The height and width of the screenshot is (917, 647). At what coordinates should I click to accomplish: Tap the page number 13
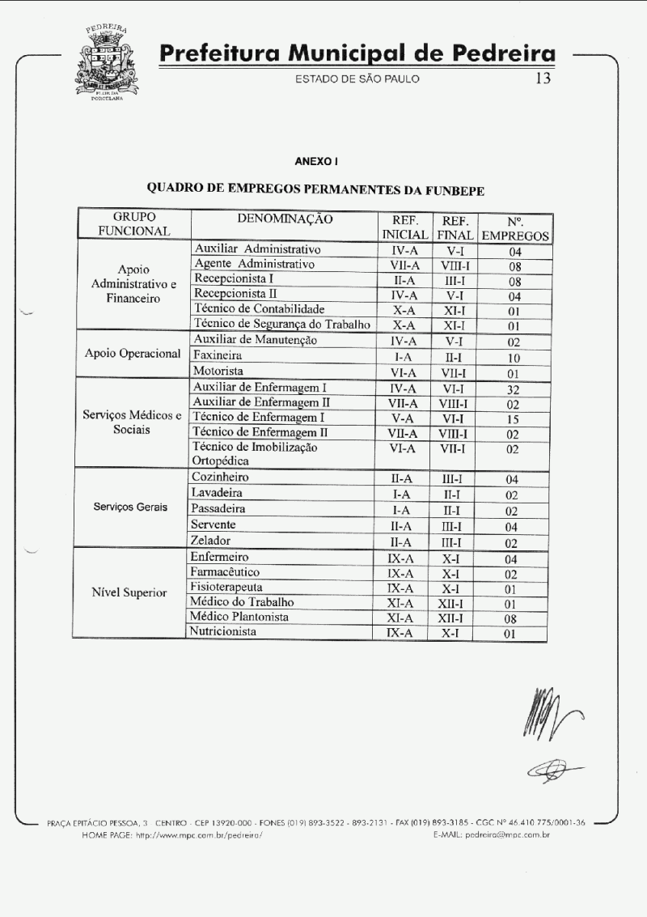click(x=543, y=79)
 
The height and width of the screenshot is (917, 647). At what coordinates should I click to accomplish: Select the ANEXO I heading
click(x=316, y=161)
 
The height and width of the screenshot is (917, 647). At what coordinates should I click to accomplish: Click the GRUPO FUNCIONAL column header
click(x=134, y=224)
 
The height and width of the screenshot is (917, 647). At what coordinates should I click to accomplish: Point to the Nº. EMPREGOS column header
click(x=515, y=228)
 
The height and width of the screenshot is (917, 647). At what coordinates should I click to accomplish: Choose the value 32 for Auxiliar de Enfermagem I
click(x=512, y=388)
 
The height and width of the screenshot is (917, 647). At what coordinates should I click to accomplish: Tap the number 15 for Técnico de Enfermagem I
click(x=512, y=418)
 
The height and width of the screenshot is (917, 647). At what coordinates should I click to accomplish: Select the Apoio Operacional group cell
click(x=133, y=354)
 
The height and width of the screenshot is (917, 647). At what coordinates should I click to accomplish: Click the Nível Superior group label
click(x=129, y=592)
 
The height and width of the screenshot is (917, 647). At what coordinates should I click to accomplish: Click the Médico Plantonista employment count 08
click(x=510, y=619)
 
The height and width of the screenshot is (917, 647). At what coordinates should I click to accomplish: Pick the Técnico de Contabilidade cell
click(x=259, y=308)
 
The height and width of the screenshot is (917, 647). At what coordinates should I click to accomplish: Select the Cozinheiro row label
click(x=220, y=478)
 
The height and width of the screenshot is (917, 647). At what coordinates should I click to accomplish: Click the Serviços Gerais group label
click(x=130, y=507)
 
